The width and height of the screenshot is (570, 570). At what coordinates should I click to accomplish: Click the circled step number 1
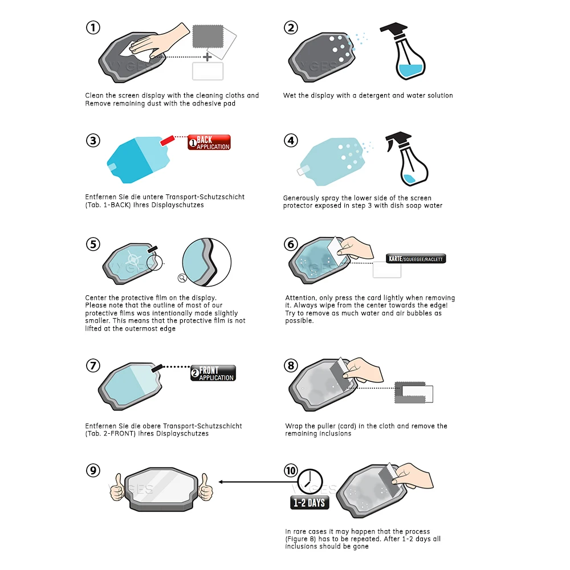[x=93, y=27]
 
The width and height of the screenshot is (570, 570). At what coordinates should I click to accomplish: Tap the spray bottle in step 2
[x=404, y=51]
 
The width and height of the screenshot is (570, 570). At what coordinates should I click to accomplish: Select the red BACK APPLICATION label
[x=209, y=142]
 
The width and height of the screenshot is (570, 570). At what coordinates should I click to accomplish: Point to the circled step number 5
[x=93, y=245]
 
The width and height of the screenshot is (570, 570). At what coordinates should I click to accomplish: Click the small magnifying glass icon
[x=182, y=278]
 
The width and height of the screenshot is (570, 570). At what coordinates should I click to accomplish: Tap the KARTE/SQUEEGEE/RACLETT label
[x=416, y=258]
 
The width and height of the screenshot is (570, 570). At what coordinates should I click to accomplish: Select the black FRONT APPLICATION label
[x=213, y=373]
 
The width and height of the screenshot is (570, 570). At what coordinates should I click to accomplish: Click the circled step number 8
[x=291, y=365]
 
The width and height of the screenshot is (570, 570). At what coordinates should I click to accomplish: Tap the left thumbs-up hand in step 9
[x=117, y=487]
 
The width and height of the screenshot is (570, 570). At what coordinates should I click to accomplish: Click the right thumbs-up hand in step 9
[x=205, y=487]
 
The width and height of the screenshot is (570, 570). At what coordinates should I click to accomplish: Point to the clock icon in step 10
[x=310, y=482]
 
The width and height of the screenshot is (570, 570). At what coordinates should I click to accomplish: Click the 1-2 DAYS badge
[x=310, y=503]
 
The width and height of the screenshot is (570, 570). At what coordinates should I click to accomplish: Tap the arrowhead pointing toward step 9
[x=221, y=482]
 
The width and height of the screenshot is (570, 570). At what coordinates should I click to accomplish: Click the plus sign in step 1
[x=207, y=56]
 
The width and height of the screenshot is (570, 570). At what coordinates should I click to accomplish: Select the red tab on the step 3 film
[x=167, y=141]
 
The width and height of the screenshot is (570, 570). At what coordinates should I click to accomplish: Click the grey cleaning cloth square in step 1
[x=208, y=36]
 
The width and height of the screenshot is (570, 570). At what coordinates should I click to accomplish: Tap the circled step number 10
[x=291, y=470]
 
